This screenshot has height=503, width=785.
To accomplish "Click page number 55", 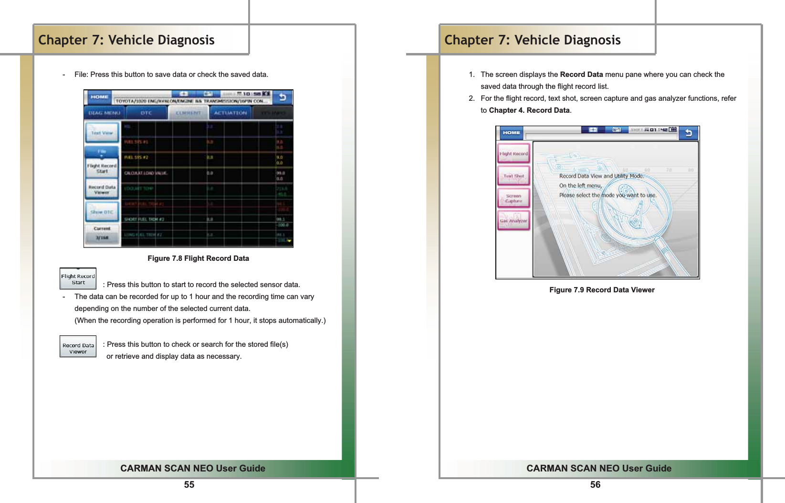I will coord(189,484).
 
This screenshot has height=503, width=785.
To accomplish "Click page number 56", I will coord(595,484).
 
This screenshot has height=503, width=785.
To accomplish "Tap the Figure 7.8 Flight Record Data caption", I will coord(198,258).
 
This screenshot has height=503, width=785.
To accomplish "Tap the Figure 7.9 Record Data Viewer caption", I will coord(602,290).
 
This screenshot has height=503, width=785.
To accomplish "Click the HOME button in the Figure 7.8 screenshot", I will coord(99,97).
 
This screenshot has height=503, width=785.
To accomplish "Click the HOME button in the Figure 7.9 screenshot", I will coord(511,133).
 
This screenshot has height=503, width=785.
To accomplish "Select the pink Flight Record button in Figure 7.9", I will coord(513,154).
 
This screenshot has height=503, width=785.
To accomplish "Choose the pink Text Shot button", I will coord(513,176).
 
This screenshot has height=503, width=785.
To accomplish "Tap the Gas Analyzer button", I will coord(513,221).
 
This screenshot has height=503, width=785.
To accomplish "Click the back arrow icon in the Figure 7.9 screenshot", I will coord(689,133).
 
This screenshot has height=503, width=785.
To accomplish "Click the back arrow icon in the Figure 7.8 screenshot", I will coord(283,97).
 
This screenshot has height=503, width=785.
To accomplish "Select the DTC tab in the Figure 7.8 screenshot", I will coord(146,113).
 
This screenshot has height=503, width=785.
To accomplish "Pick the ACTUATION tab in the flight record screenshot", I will coord(230,113).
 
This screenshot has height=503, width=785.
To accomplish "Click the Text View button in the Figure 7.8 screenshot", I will coord(102,133).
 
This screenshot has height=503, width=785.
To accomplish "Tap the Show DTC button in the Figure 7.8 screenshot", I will coord(102,212).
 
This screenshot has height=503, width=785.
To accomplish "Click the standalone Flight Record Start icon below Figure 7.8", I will coord(78,279).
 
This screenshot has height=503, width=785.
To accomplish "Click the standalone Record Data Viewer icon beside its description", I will coord(78,347).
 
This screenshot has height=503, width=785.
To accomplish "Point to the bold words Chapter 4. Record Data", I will coord(529,110).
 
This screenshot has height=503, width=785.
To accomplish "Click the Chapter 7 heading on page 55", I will coord(126,40).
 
